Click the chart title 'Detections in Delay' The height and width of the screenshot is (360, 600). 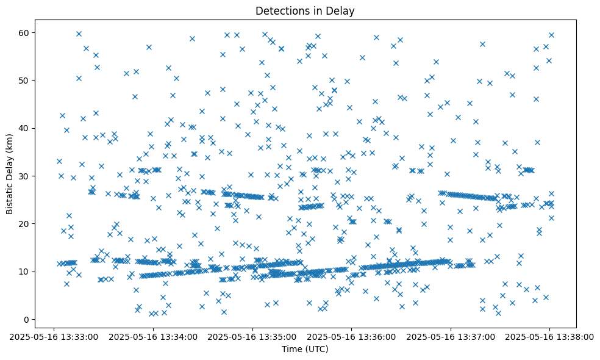click(305, 10)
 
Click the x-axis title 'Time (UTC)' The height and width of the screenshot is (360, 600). click(305, 349)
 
